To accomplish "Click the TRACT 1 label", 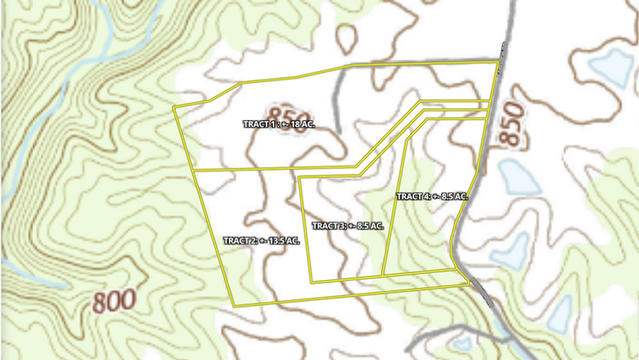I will point(279,124).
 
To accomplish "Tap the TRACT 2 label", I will point(261,241).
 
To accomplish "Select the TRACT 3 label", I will point(347,225).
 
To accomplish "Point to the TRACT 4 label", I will point(432,195).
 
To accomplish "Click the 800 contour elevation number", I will point(114,301).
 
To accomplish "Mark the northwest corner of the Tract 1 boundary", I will point(174,106).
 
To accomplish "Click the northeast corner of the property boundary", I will point(497,61).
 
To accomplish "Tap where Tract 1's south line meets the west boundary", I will point(195,170).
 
